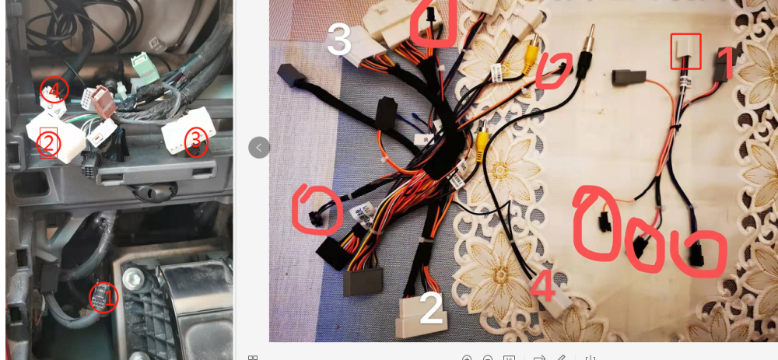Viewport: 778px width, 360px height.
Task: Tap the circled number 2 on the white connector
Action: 48,143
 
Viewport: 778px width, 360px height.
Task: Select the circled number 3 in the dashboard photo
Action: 196,140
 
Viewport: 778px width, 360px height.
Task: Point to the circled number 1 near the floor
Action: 103,298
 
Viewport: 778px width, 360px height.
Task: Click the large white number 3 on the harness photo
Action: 340,39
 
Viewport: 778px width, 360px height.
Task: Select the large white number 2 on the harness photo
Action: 431,308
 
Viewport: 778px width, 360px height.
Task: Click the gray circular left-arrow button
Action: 259,147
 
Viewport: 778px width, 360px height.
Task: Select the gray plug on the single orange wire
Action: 629,78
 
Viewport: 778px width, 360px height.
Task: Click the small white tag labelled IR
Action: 421,140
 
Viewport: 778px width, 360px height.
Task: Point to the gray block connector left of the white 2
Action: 363,281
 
